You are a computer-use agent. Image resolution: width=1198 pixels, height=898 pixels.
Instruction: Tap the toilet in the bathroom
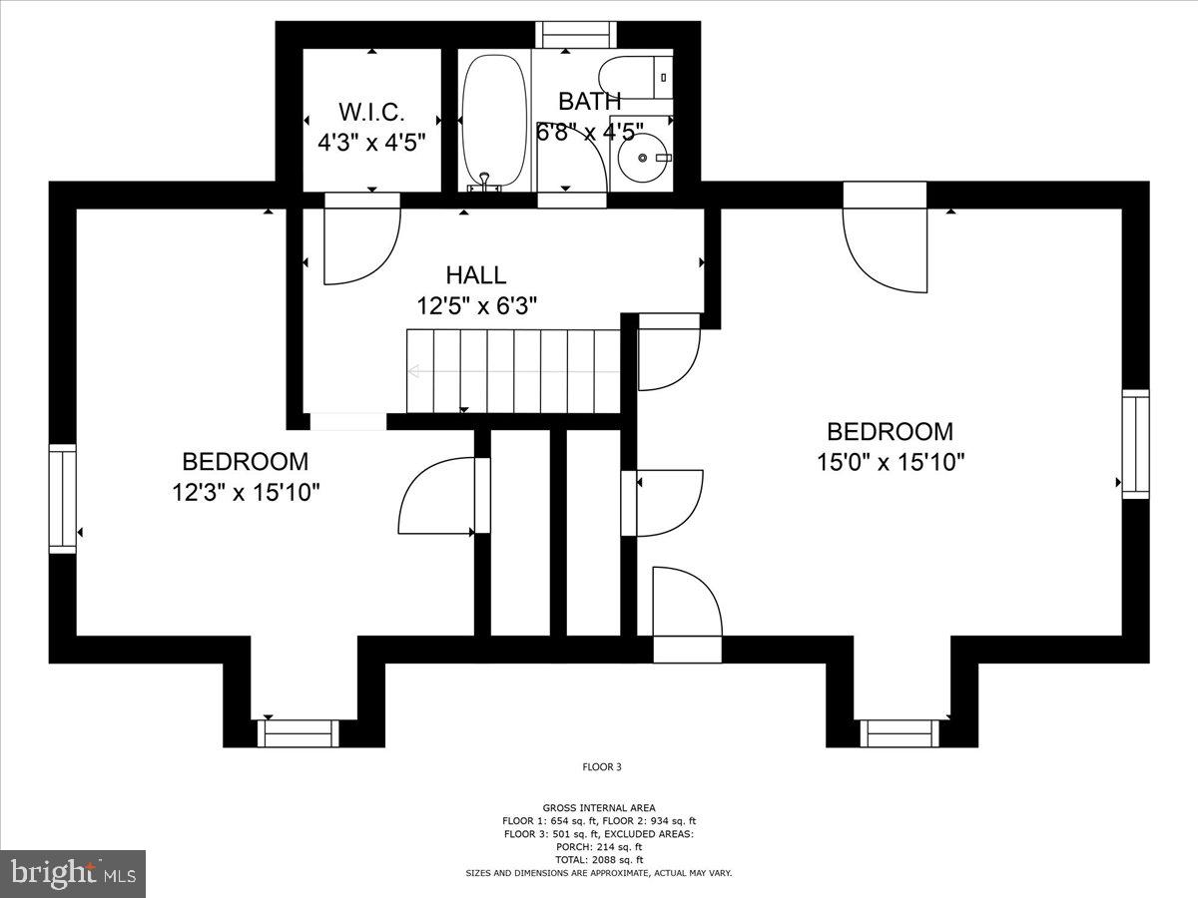(x=634, y=78)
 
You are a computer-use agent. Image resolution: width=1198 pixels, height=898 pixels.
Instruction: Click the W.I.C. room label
(x=371, y=111)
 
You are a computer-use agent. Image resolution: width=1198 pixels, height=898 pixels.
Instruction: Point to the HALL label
(x=476, y=275)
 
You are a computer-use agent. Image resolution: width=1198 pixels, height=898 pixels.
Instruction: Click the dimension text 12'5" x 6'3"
(x=477, y=306)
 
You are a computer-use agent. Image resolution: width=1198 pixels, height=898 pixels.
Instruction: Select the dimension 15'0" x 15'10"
(x=890, y=463)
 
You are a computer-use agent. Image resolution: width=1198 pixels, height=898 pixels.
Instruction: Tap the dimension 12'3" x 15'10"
(x=246, y=493)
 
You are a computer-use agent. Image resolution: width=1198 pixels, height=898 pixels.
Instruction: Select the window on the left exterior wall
(x=63, y=499)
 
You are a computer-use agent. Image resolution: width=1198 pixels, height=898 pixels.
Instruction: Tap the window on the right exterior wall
(x=1135, y=444)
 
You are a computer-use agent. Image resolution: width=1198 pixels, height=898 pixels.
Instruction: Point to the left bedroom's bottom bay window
(x=299, y=733)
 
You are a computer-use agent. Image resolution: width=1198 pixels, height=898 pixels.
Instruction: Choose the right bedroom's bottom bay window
(x=900, y=733)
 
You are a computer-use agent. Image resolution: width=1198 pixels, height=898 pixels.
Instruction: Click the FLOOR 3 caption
(x=602, y=767)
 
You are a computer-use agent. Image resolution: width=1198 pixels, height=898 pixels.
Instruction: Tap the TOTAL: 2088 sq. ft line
(x=599, y=860)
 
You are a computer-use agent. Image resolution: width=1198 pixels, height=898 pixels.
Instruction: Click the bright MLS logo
(x=73, y=874)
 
